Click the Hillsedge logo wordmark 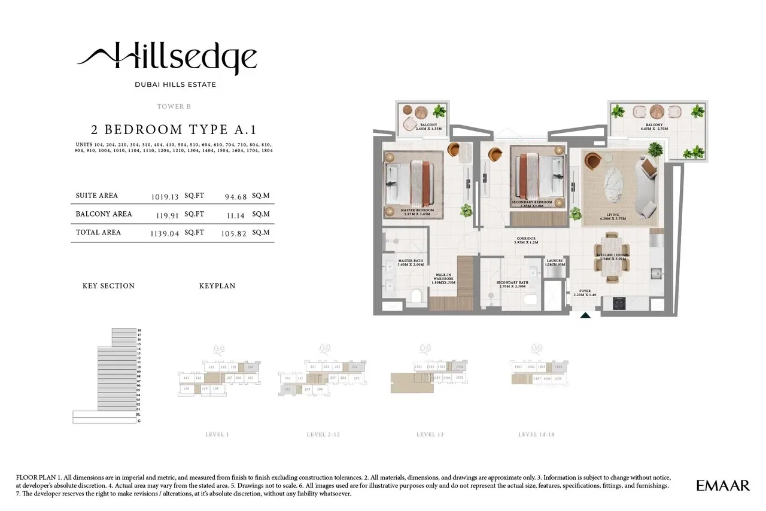pos(168,58)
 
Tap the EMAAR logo pos(722,485)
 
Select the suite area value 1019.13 pos(166,196)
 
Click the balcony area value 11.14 pos(235,214)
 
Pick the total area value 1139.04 pos(165,233)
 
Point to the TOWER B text pos(174,107)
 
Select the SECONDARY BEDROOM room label pos(531,203)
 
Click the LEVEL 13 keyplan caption pos(429,434)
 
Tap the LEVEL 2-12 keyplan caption pos(323,434)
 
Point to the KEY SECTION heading pos(108,286)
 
